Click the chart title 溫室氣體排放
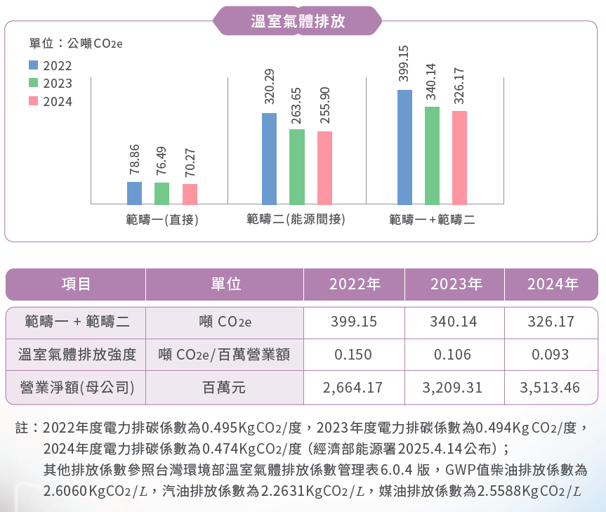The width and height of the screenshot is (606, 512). [298, 20]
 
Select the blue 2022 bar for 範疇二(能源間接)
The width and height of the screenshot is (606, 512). [269, 158]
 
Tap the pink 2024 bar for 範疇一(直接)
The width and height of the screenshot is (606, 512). [190, 194]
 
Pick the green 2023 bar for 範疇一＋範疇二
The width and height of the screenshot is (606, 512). [432, 155]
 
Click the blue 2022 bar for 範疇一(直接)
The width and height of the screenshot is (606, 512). [134, 192]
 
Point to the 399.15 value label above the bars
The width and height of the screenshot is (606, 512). [404, 64]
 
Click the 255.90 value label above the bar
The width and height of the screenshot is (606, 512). [324, 105]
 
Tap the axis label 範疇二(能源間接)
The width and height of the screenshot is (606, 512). [296, 220]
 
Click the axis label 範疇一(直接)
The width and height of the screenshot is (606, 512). [158, 220]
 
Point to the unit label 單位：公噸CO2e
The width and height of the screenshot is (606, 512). [76, 44]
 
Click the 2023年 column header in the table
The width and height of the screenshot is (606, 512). [456, 284]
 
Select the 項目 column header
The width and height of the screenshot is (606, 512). [76, 284]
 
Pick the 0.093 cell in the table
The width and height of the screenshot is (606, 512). [550, 355]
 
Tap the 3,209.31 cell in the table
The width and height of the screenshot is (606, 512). [453, 387]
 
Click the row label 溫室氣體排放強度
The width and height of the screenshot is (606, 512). [77, 355]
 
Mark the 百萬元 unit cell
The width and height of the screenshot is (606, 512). [224, 387]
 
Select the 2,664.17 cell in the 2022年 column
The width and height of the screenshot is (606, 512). [353, 387]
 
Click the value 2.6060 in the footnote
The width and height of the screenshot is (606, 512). [65, 490]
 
